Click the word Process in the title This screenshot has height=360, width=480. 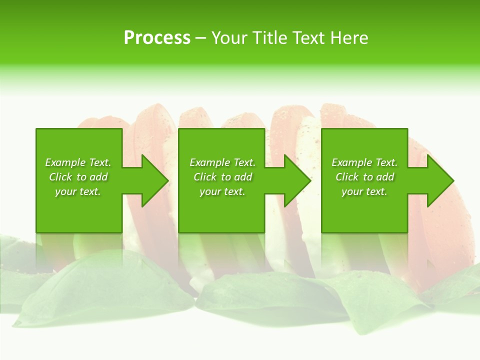click(157, 38)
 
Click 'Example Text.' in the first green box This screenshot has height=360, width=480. click(78, 162)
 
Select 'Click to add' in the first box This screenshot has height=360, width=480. click(78, 177)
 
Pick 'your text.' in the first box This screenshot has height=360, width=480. click(78, 191)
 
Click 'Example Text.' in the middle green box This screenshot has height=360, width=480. click(222, 162)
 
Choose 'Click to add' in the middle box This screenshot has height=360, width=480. click(222, 177)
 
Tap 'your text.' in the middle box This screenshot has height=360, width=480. click(222, 191)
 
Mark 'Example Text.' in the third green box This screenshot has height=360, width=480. click(364, 162)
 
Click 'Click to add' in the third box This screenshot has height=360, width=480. click(364, 177)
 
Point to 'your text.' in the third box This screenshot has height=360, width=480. click(364, 191)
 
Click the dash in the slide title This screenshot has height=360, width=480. click(200, 38)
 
